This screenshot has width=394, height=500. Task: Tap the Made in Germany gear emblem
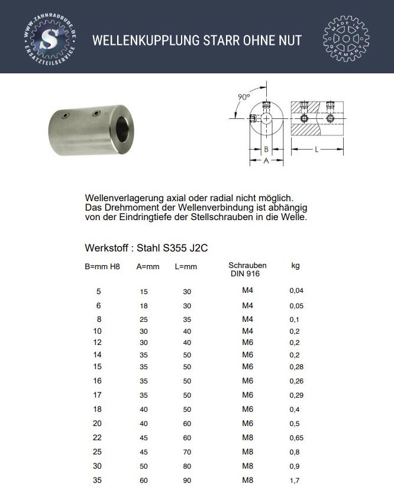coord(346,40)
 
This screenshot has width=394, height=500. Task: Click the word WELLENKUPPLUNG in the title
coord(145,40)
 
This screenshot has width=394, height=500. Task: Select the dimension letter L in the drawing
coord(317,150)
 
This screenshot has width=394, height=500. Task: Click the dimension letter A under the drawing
coord(266,160)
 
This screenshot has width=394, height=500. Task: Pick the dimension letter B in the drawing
coord(266,150)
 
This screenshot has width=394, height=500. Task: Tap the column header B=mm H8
coord(102,267)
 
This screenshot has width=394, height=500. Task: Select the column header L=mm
coord(186,267)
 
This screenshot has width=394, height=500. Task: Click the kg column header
coord(295,266)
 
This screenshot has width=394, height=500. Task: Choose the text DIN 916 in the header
coord(244,275)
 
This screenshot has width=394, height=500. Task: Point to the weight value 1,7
coord(295,481)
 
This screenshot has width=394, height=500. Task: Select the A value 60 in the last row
coord(144,481)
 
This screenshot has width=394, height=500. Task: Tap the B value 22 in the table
coord(98,438)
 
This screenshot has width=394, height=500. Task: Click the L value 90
coord(187,481)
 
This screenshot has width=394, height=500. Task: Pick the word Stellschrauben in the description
coord(220,218)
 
